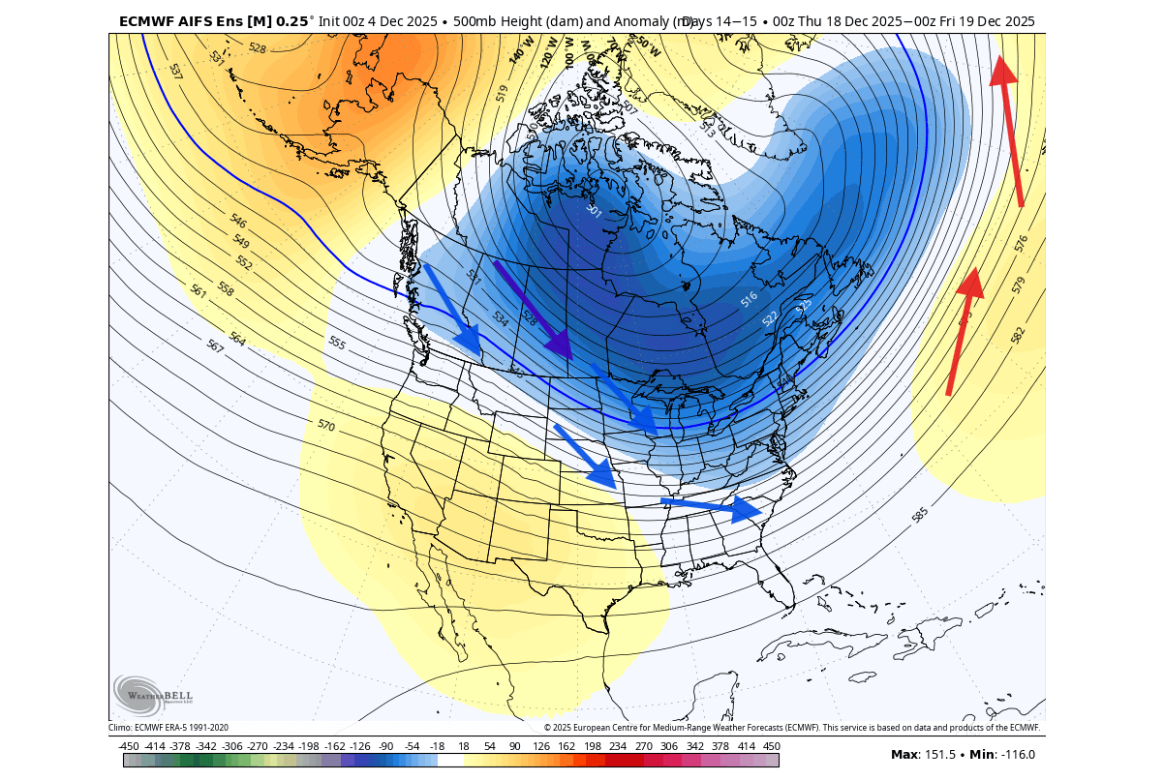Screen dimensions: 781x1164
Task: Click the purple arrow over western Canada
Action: [x=532, y=308]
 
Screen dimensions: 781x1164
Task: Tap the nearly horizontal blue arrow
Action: [x=712, y=505]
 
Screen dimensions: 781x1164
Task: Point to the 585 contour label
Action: [x=920, y=515]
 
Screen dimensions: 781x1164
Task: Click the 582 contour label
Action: [x=1017, y=335]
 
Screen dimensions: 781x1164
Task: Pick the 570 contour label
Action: [x=326, y=425]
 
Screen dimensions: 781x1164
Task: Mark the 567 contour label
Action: [x=215, y=345]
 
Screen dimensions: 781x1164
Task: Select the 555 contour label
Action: [x=337, y=343]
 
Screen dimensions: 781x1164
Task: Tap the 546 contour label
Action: [x=239, y=221]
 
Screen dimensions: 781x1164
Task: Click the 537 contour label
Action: [x=175, y=71]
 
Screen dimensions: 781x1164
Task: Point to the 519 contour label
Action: [x=502, y=93]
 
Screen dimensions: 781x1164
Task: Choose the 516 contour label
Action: [x=750, y=300]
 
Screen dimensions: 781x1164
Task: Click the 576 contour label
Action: [x=1021, y=244]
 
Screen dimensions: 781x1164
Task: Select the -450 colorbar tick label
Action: [x=128, y=746]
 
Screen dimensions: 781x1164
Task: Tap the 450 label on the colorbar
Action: [x=771, y=746]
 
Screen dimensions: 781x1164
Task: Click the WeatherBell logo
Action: [x=153, y=695]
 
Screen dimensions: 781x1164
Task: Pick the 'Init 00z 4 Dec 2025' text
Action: [x=383, y=21]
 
